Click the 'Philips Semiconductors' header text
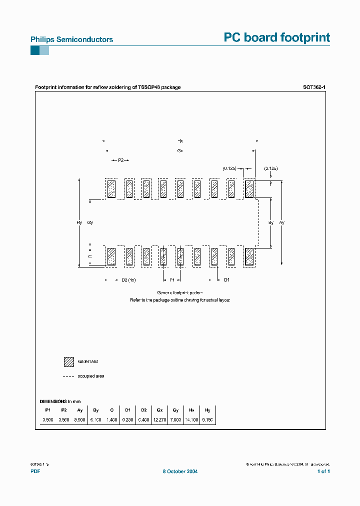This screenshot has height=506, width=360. pyautogui.click(x=71, y=39)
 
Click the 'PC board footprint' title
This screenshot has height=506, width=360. pyautogui.click(x=276, y=37)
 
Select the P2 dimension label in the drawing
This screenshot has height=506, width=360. pyautogui.click(x=120, y=160)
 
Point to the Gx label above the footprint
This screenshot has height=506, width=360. pyautogui.click(x=180, y=150)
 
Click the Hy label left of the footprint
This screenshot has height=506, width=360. pyautogui.click(x=79, y=222)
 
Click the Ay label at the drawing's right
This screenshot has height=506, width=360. pyautogui.click(x=282, y=222)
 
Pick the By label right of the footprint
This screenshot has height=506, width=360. pyautogui.click(x=271, y=222)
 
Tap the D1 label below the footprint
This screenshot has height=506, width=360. pyautogui.click(x=226, y=280)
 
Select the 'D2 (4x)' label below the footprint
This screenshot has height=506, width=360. pyautogui.click(x=129, y=280)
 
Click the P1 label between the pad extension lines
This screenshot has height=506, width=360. pyautogui.click(x=172, y=280)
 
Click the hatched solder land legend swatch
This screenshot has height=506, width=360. pyautogui.click(x=68, y=361)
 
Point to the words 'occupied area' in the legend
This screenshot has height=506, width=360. pyautogui.click(x=91, y=376)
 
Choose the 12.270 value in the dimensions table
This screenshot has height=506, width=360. pyautogui.click(x=159, y=420)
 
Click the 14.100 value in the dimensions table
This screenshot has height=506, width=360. pyautogui.click(x=191, y=420)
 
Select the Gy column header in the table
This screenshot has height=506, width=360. pyautogui.click(x=175, y=409)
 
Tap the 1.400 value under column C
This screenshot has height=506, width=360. pyautogui.click(x=111, y=420)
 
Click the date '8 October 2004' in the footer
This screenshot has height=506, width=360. pyautogui.click(x=180, y=471)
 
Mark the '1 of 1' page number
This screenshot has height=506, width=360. pyautogui.click(x=323, y=471)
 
